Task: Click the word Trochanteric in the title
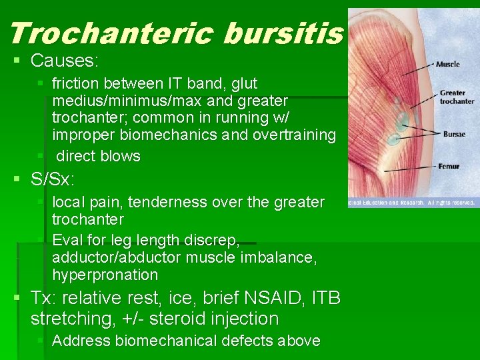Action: pyautogui.click(x=111, y=33)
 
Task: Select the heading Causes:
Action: pyautogui.click(x=65, y=61)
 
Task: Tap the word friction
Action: pyautogui.click(x=77, y=83)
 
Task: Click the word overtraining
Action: pyautogui.click(x=293, y=135)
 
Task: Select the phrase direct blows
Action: pyautogui.click(x=98, y=157)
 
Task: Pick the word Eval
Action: pyautogui.click(x=66, y=240)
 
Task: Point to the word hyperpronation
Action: pyautogui.click(x=105, y=275)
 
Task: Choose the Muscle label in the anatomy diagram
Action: pyautogui.click(x=447, y=64)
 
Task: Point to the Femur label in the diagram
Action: pyautogui.click(x=449, y=166)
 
